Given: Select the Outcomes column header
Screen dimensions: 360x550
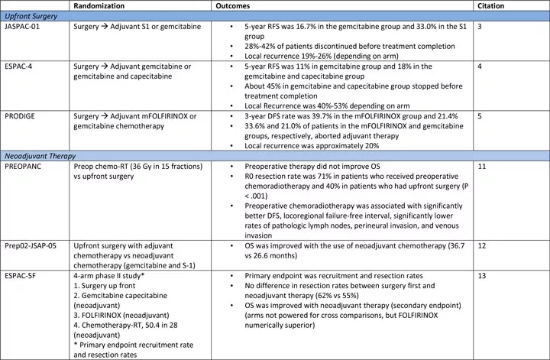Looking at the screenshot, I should click(x=233, y=6).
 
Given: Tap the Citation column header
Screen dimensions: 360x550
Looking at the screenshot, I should click(x=489, y=6).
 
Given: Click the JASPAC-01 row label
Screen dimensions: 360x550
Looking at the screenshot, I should click(x=23, y=27).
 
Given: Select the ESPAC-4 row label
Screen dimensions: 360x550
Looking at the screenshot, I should click(x=19, y=66).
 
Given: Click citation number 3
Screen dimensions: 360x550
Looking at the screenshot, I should click(x=479, y=27).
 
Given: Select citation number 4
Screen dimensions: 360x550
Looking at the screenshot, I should click(x=479, y=66).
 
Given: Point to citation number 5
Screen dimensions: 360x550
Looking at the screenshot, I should click(x=479, y=115).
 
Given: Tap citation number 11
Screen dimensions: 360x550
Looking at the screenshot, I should click(x=481, y=166).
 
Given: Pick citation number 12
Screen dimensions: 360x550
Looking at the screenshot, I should click(x=481, y=245).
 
